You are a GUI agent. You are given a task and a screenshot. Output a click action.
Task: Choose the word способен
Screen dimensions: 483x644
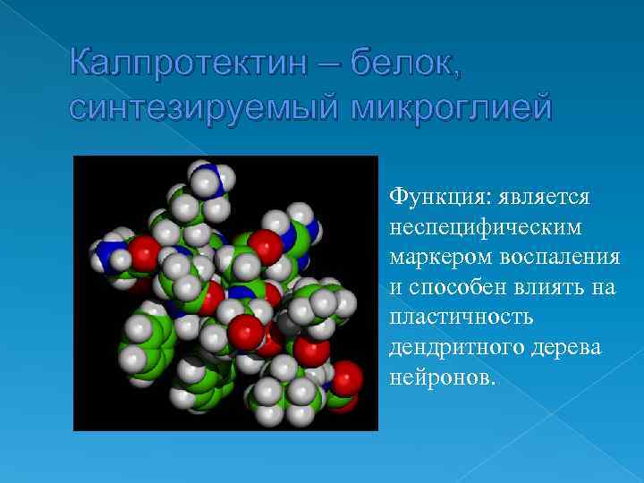pos(456,287)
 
